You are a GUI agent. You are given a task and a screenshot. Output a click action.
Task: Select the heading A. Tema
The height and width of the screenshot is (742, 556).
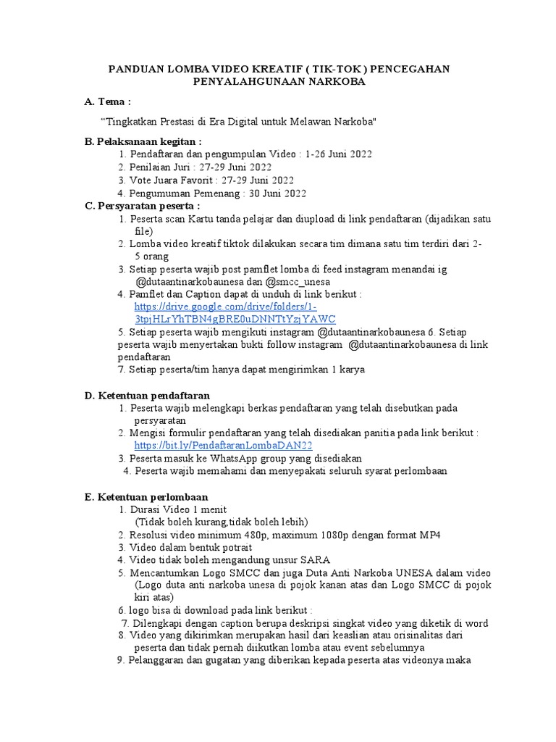108,103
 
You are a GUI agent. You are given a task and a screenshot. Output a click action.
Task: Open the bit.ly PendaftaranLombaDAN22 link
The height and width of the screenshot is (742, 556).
224,445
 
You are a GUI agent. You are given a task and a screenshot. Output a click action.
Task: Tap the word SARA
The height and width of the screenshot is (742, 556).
315,560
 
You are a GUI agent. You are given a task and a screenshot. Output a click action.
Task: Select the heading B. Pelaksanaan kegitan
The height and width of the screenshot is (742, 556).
143,141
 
